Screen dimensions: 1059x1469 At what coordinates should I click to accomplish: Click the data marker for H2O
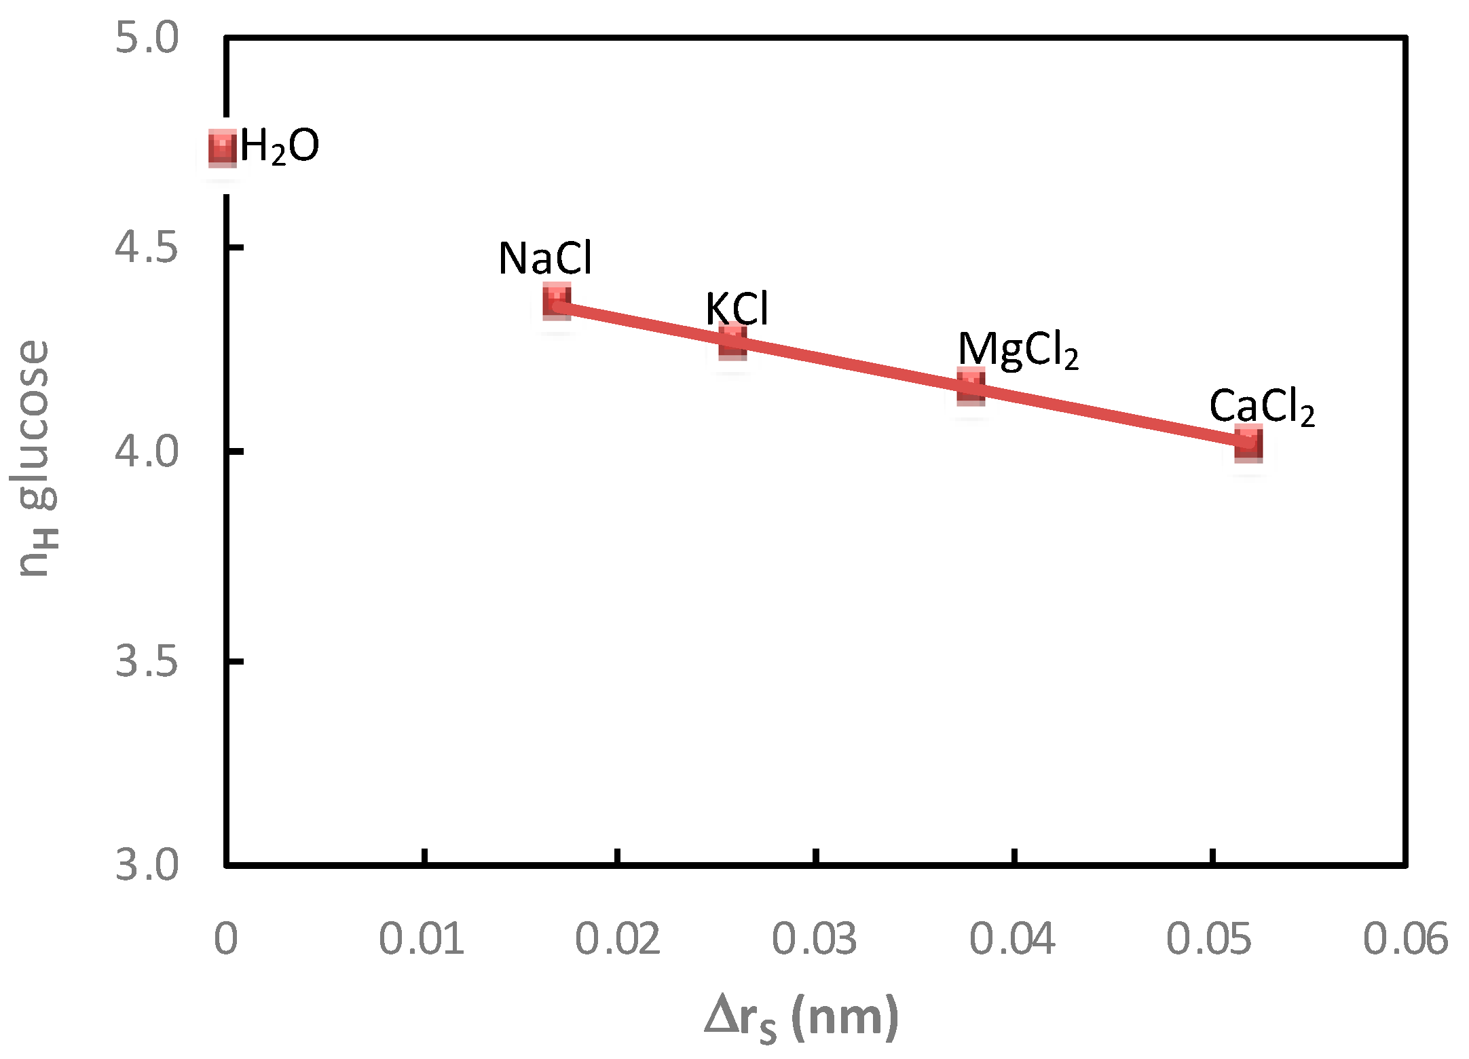point(222,148)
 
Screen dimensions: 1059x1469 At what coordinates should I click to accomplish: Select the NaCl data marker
point(557,301)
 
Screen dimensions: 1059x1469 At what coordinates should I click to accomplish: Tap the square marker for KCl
point(732,341)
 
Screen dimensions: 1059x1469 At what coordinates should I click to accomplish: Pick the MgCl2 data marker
point(971,386)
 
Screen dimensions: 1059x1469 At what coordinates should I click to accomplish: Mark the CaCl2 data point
point(1248,443)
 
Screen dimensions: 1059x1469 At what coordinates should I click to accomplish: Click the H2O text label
point(279,147)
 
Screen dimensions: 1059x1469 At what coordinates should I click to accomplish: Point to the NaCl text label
point(545,259)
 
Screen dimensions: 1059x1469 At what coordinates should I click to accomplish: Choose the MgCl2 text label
point(1018,351)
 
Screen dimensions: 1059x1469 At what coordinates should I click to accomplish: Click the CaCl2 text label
point(1261,407)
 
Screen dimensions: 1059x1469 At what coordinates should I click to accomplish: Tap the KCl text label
point(737,309)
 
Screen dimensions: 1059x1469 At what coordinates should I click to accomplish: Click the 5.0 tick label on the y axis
point(147,37)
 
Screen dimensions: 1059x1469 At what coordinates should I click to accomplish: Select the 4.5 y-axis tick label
point(147,246)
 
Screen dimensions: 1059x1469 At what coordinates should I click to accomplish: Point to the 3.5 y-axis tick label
point(147,660)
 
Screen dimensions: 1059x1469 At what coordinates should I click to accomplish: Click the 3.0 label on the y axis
point(147,865)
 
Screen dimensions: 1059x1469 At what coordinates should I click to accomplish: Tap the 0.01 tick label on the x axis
point(422,940)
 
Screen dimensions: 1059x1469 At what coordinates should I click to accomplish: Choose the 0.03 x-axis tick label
point(814,940)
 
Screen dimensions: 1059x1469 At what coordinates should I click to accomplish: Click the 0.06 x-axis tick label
point(1405,940)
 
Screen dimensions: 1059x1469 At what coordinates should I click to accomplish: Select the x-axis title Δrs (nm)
point(801,1018)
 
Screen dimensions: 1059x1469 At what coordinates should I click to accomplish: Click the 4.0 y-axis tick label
point(147,451)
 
